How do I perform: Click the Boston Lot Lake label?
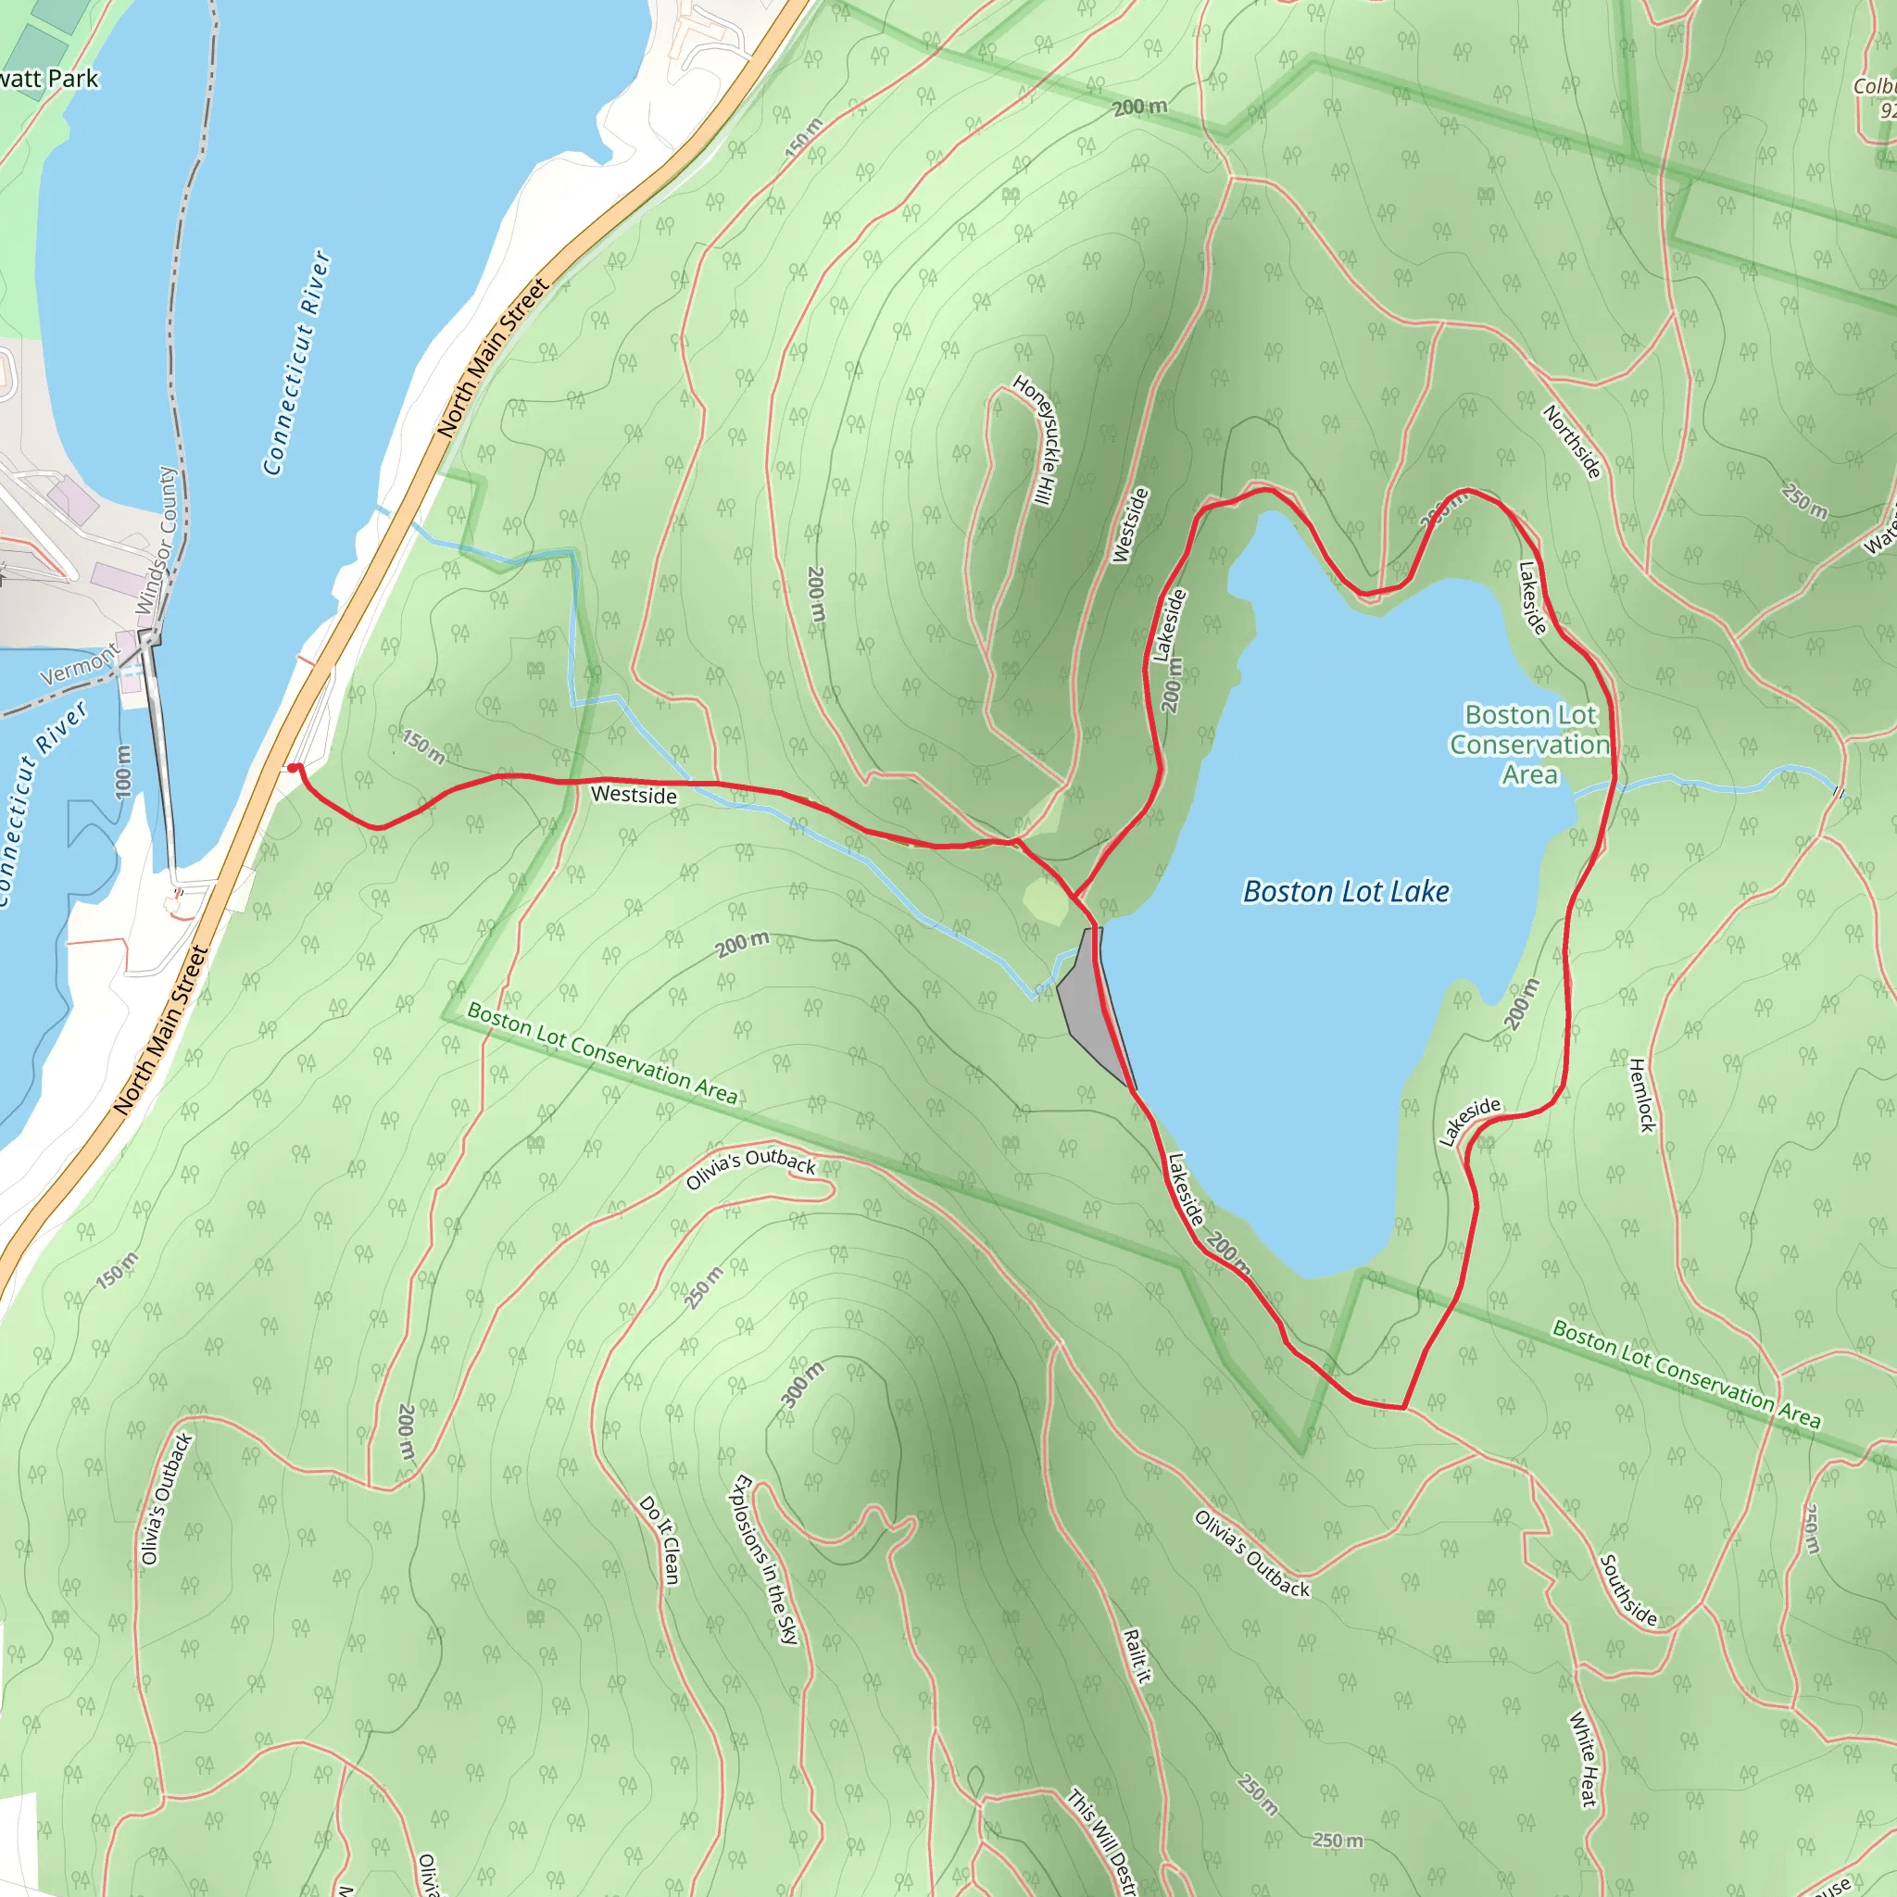point(1345,892)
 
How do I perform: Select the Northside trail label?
point(1572,442)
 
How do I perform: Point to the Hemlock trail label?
point(1641,1095)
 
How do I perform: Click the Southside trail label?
point(1629,1590)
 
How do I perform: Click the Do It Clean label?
point(659,1539)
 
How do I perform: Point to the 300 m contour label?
point(803,1385)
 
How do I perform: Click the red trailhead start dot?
point(294,769)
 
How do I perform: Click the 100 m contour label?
point(123,771)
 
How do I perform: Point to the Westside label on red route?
point(634,795)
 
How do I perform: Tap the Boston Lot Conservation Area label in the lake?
point(1530,745)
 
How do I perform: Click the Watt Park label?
point(49,79)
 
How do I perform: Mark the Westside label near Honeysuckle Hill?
point(1129,525)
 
